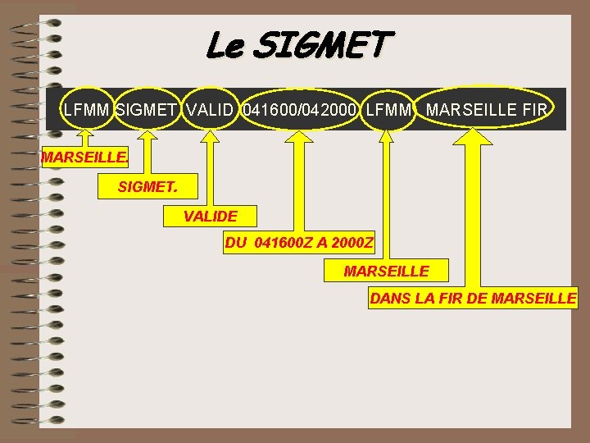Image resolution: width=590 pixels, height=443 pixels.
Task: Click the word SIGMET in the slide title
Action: tap(324, 45)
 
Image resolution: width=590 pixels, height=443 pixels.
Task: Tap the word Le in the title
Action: tap(224, 45)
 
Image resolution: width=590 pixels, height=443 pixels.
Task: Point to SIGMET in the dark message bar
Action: tap(147, 110)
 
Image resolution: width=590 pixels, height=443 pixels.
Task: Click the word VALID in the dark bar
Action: tap(210, 110)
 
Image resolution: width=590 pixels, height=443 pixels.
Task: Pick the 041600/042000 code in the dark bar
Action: tap(299, 110)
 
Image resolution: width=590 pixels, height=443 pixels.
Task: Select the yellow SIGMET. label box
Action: tap(147, 187)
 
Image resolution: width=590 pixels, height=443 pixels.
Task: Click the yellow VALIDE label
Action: tap(211, 217)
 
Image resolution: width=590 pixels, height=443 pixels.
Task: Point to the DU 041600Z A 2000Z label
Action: tap(299, 244)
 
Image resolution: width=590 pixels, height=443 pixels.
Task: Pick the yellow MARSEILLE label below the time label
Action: tap(386, 271)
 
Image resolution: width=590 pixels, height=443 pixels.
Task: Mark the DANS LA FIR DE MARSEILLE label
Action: tap(473, 299)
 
